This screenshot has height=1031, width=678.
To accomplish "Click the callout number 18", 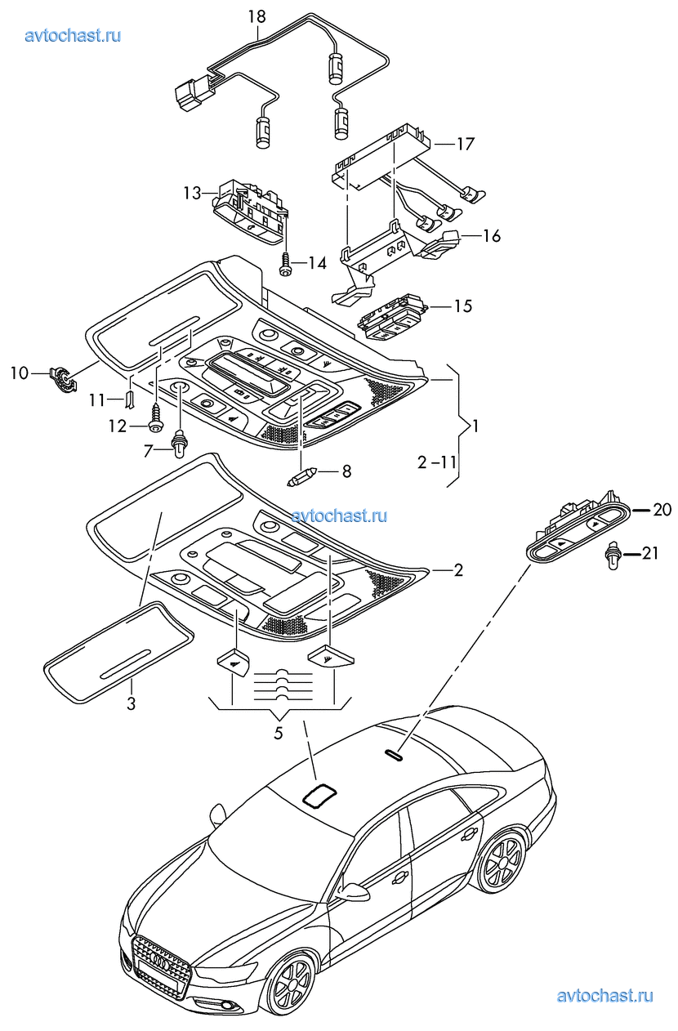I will point(256,16).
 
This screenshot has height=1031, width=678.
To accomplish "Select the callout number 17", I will point(465,145).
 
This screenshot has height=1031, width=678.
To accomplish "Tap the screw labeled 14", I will point(286,262).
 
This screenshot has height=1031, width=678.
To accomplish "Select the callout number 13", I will point(191,193).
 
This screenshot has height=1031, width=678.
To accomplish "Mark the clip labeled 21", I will point(613,556).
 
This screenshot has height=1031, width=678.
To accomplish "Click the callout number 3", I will point(131,703).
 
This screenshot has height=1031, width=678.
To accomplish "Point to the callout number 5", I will point(278,733).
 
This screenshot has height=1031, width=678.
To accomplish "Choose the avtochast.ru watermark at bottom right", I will point(604,995).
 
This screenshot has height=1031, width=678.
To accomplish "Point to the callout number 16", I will point(492,236).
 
